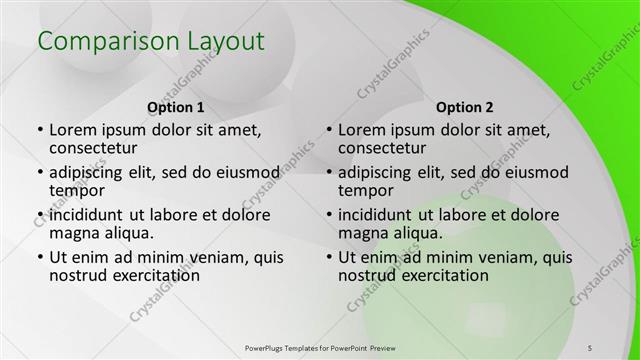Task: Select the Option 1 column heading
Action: pyautogui.click(x=176, y=107)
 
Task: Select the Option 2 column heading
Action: pyautogui.click(x=466, y=107)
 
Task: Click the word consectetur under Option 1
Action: pyautogui.click(x=98, y=149)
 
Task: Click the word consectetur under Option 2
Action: pyautogui.click(x=387, y=149)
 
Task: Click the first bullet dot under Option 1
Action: pyautogui.click(x=39, y=130)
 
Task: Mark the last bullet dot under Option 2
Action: pyautogui.click(x=328, y=257)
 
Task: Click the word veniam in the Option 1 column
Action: pyautogui.click(x=207, y=256)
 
